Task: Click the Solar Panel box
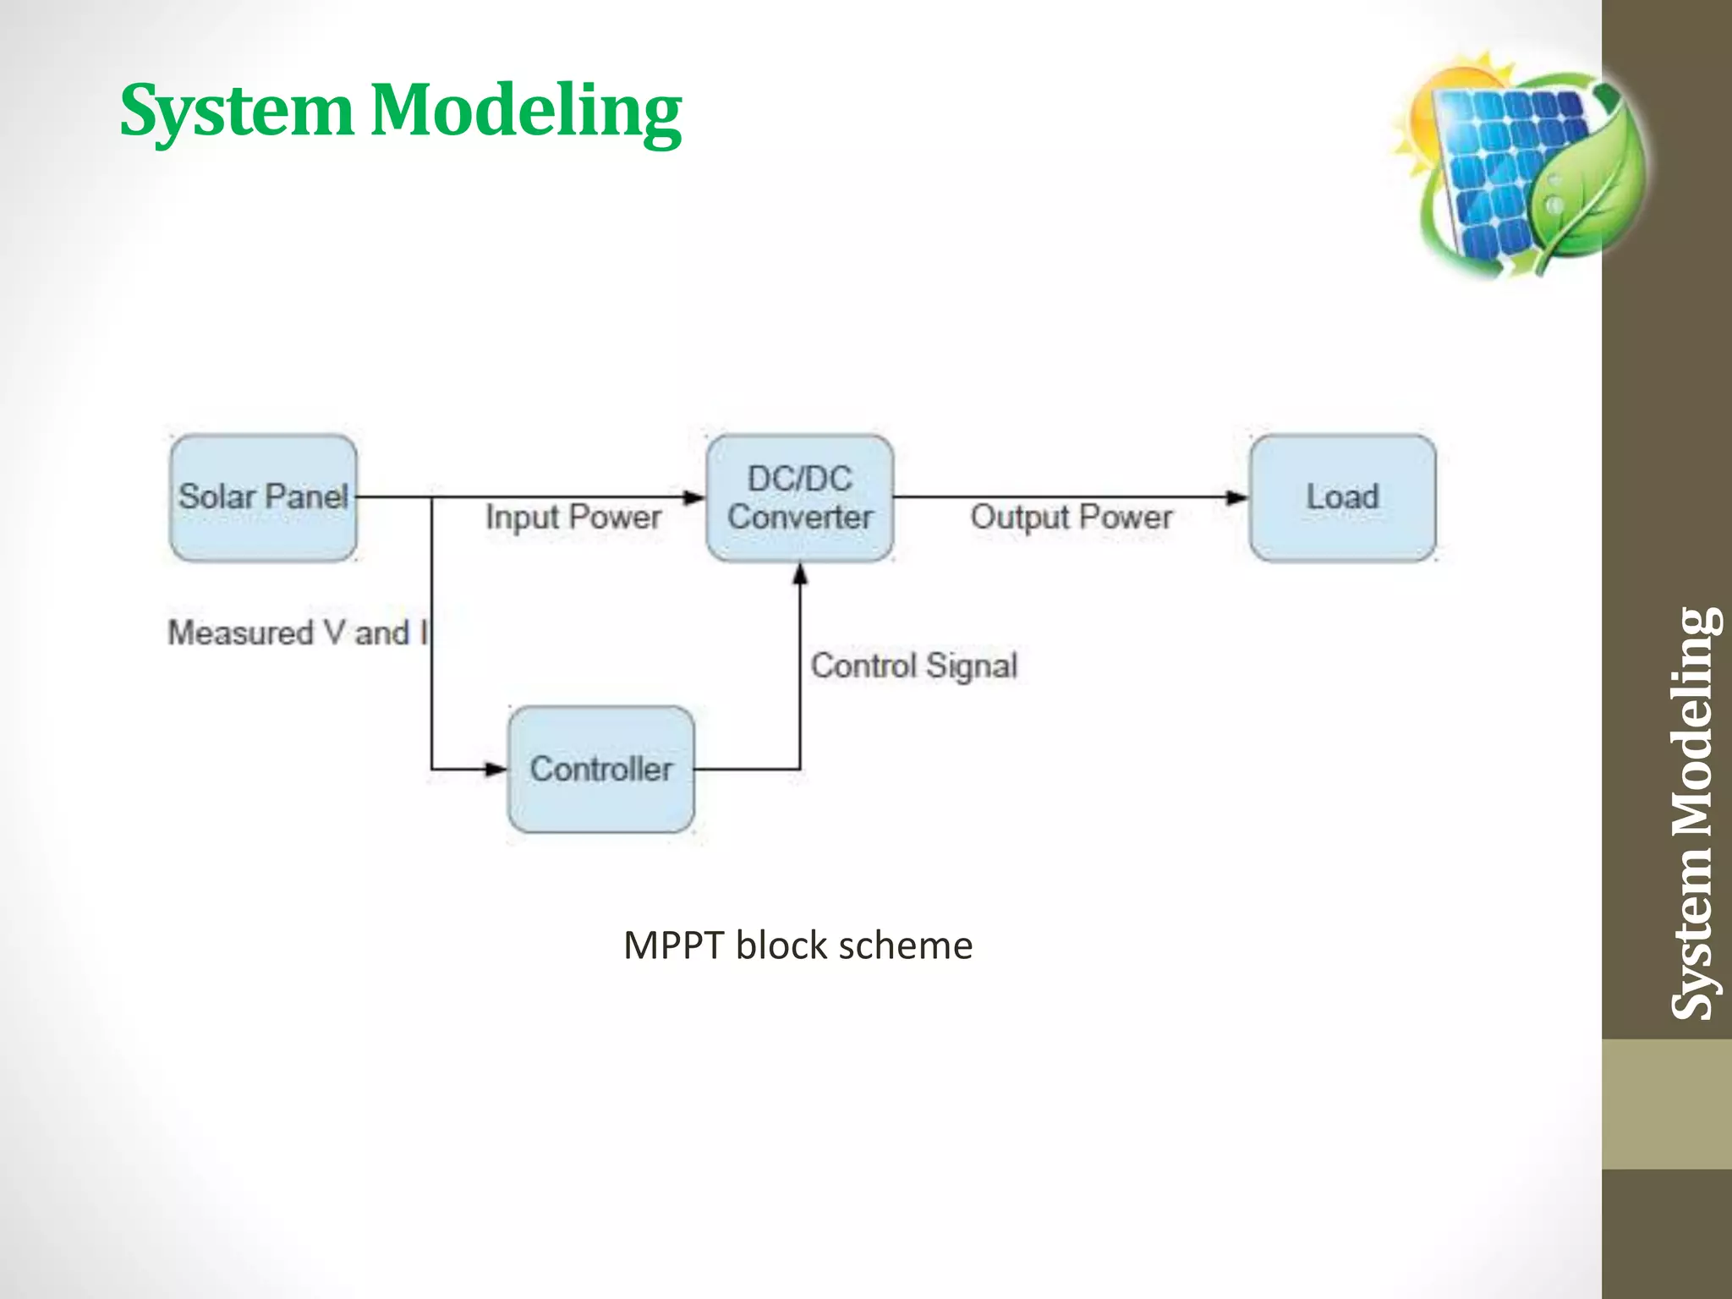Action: point(263,497)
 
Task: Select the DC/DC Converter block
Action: point(799,497)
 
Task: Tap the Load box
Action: point(1342,497)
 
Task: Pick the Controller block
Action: point(600,769)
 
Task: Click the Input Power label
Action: point(573,517)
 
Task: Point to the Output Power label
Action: point(1071,517)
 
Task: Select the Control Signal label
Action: point(913,666)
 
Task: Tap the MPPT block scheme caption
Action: point(797,945)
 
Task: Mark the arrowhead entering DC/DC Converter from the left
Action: point(694,497)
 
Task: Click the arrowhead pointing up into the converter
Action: point(800,574)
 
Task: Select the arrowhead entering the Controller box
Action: point(495,770)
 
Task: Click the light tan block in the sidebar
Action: point(1666,1104)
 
